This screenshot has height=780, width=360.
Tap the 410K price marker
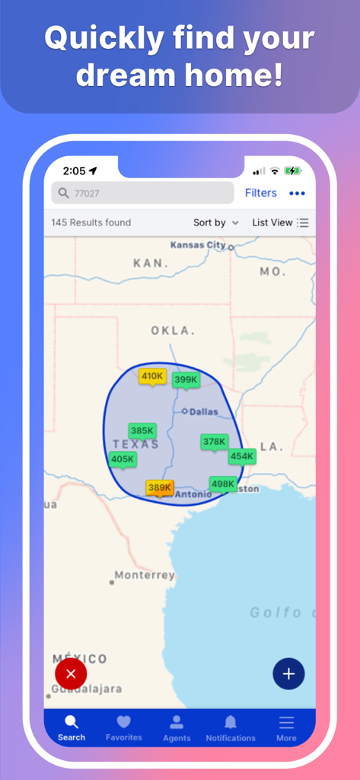(x=152, y=376)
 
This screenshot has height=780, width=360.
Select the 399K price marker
(x=186, y=379)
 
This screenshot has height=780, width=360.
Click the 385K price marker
(x=142, y=430)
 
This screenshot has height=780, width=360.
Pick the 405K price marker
(x=123, y=459)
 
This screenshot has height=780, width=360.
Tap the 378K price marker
(x=214, y=442)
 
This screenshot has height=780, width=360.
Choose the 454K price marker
(x=242, y=456)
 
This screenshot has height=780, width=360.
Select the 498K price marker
(x=223, y=484)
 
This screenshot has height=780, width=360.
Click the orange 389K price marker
(x=160, y=487)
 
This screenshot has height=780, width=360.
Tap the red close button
(x=71, y=673)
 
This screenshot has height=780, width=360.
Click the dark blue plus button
(x=288, y=673)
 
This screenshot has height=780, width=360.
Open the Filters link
(x=260, y=193)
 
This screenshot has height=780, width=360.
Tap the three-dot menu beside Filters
(x=297, y=193)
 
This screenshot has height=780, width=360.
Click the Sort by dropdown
(x=215, y=222)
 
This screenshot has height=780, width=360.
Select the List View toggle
(x=280, y=222)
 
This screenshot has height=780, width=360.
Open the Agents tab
(x=177, y=727)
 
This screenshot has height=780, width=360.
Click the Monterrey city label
(x=145, y=575)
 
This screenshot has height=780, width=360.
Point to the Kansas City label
(x=198, y=245)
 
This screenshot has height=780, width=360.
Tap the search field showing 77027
(x=142, y=193)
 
